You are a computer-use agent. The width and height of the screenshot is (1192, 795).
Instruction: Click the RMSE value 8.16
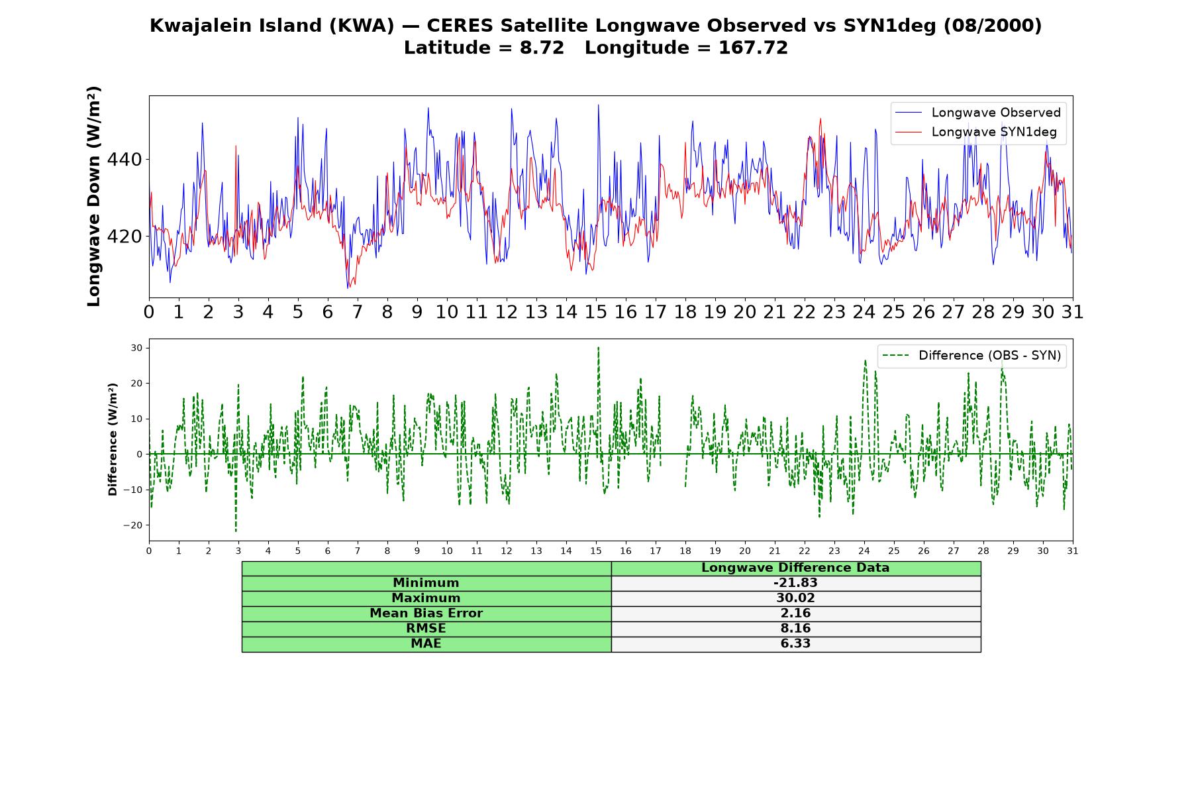click(x=795, y=629)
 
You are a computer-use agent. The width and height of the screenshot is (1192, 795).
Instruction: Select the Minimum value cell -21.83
click(x=795, y=583)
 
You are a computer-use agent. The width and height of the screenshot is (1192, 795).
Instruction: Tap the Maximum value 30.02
click(x=795, y=598)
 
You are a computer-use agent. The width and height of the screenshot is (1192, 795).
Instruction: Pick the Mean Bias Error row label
click(x=426, y=613)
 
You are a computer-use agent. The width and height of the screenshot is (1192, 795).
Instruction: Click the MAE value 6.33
click(x=795, y=644)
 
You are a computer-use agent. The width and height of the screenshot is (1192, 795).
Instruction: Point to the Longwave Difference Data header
click(x=795, y=568)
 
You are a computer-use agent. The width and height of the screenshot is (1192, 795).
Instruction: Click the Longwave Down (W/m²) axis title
click(x=94, y=196)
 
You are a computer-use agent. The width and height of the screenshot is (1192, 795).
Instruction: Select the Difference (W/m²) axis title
click(x=113, y=439)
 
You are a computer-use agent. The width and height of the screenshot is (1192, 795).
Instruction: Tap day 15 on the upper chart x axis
click(x=596, y=312)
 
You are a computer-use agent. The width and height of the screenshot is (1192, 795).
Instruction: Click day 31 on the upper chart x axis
click(x=1072, y=312)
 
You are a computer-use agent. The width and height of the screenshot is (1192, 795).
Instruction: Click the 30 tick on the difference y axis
click(x=137, y=348)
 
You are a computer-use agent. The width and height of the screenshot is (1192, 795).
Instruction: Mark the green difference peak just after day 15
click(x=598, y=347)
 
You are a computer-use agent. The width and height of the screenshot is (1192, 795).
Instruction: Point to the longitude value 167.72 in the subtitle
click(x=753, y=48)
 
